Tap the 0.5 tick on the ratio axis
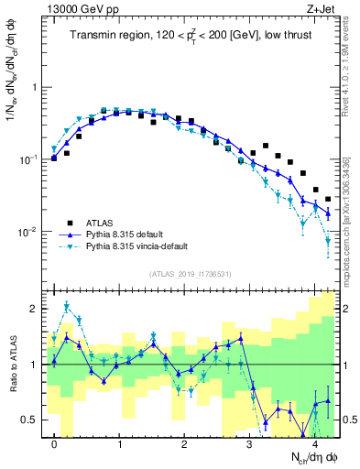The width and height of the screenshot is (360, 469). (x=31, y=420)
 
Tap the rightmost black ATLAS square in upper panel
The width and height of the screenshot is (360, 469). (x=328, y=198)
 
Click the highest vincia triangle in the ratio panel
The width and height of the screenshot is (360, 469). (x=67, y=306)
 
